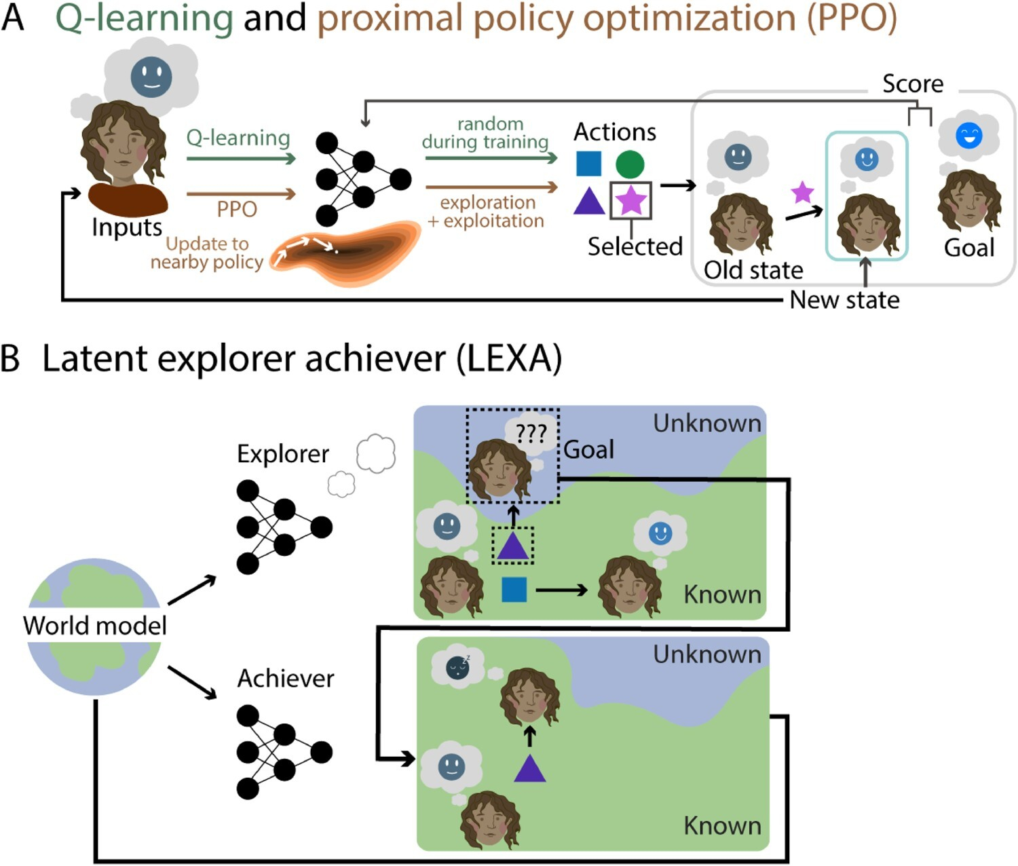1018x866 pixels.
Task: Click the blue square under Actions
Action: (x=588, y=164)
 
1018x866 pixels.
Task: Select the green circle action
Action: (x=630, y=164)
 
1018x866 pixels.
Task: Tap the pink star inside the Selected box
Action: (x=631, y=200)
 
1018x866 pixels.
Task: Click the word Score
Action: (x=913, y=83)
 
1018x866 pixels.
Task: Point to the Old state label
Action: (x=753, y=270)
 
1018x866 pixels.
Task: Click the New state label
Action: (x=845, y=299)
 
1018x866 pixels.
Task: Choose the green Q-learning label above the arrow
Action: (x=238, y=138)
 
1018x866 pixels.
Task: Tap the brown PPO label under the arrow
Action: (x=237, y=209)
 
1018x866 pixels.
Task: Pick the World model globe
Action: (x=94, y=626)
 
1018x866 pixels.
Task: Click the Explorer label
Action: (x=283, y=453)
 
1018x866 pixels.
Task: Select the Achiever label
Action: (x=286, y=678)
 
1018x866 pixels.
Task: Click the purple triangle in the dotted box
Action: (x=512, y=546)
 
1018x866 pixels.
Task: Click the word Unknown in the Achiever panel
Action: (x=706, y=654)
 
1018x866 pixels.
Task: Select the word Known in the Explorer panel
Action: (x=722, y=595)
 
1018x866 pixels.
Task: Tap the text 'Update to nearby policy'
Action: (x=207, y=252)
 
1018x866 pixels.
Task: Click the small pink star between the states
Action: (x=803, y=192)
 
